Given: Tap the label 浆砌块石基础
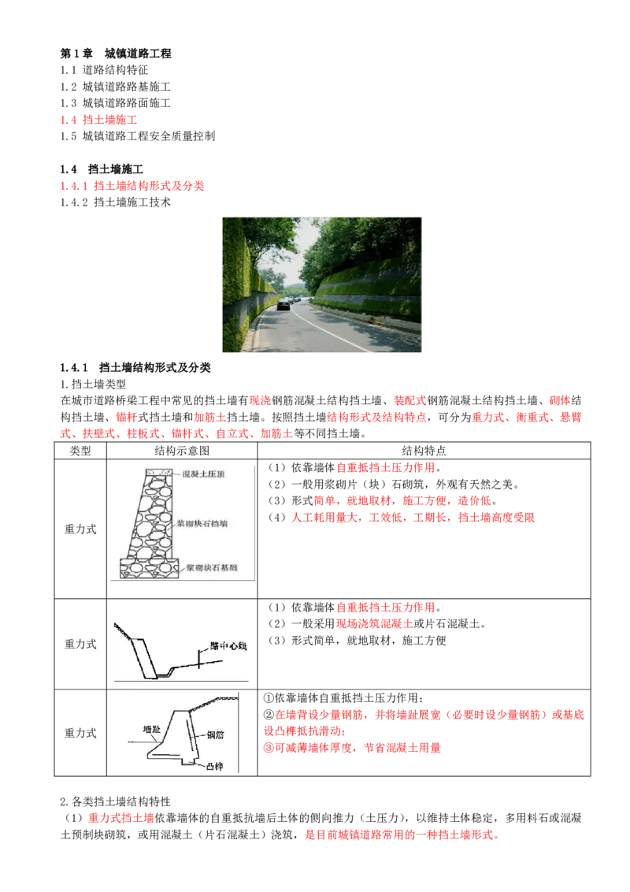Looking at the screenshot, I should click(x=212, y=567).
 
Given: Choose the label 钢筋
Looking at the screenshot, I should click(x=217, y=734).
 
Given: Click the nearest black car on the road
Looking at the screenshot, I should click(x=282, y=305).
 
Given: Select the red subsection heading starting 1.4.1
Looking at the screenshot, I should click(x=132, y=187).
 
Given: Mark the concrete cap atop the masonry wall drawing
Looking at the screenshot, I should click(x=157, y=472).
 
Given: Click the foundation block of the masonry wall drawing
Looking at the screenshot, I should click(x=150, y=567).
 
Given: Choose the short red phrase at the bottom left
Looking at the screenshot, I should click(x=121, y=819).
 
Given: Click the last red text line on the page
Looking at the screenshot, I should click(x=400, y=834).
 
